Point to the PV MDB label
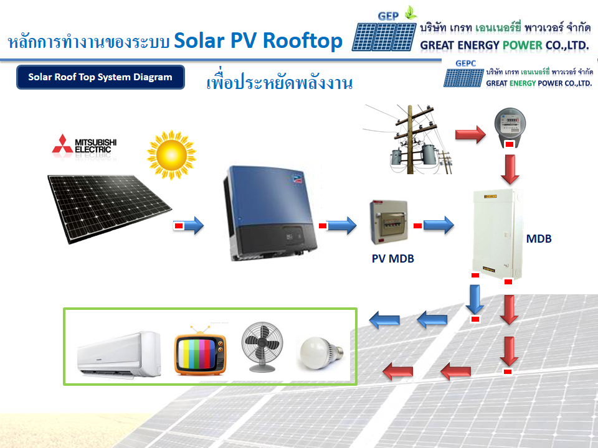point(393,259)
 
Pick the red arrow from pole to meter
point(470,134)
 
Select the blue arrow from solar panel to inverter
point(192,225)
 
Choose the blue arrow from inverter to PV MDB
point(340,225)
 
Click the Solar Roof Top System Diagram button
point(100,78)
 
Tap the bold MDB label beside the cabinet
point(539,238)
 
